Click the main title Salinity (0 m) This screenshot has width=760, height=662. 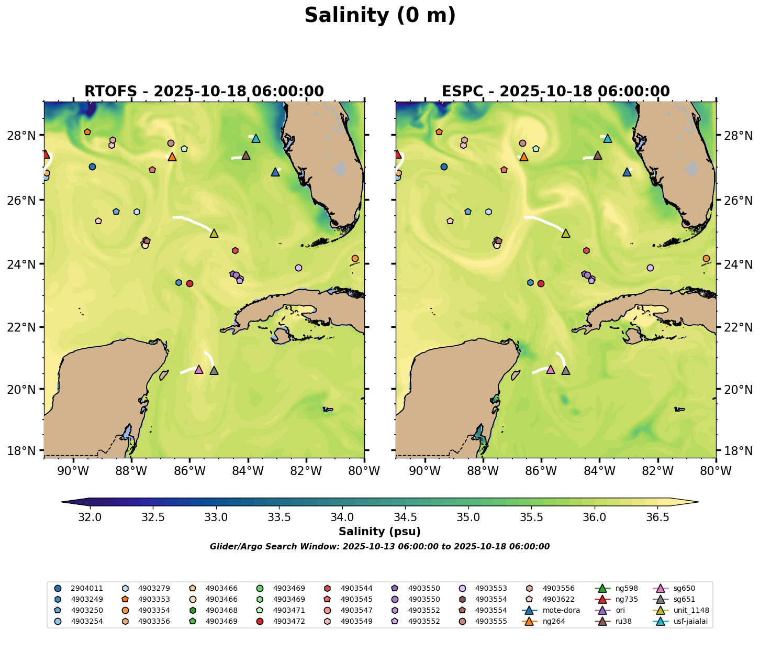coord(380,16)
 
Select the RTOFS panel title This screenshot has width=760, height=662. coord(204,92)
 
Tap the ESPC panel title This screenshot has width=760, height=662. coord(556,92)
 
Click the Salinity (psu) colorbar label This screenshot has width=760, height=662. coord(379,532)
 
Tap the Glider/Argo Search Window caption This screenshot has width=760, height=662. coord(379,547)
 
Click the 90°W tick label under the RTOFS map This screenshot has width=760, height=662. coord(73,471)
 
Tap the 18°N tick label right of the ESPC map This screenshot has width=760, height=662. coord(738,451)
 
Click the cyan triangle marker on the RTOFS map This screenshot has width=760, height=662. coord(256,138)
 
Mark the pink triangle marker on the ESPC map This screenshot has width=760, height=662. coord(550,369)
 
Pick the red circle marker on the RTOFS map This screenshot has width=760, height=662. coord(190,283)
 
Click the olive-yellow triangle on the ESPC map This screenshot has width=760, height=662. coord(565,233)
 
